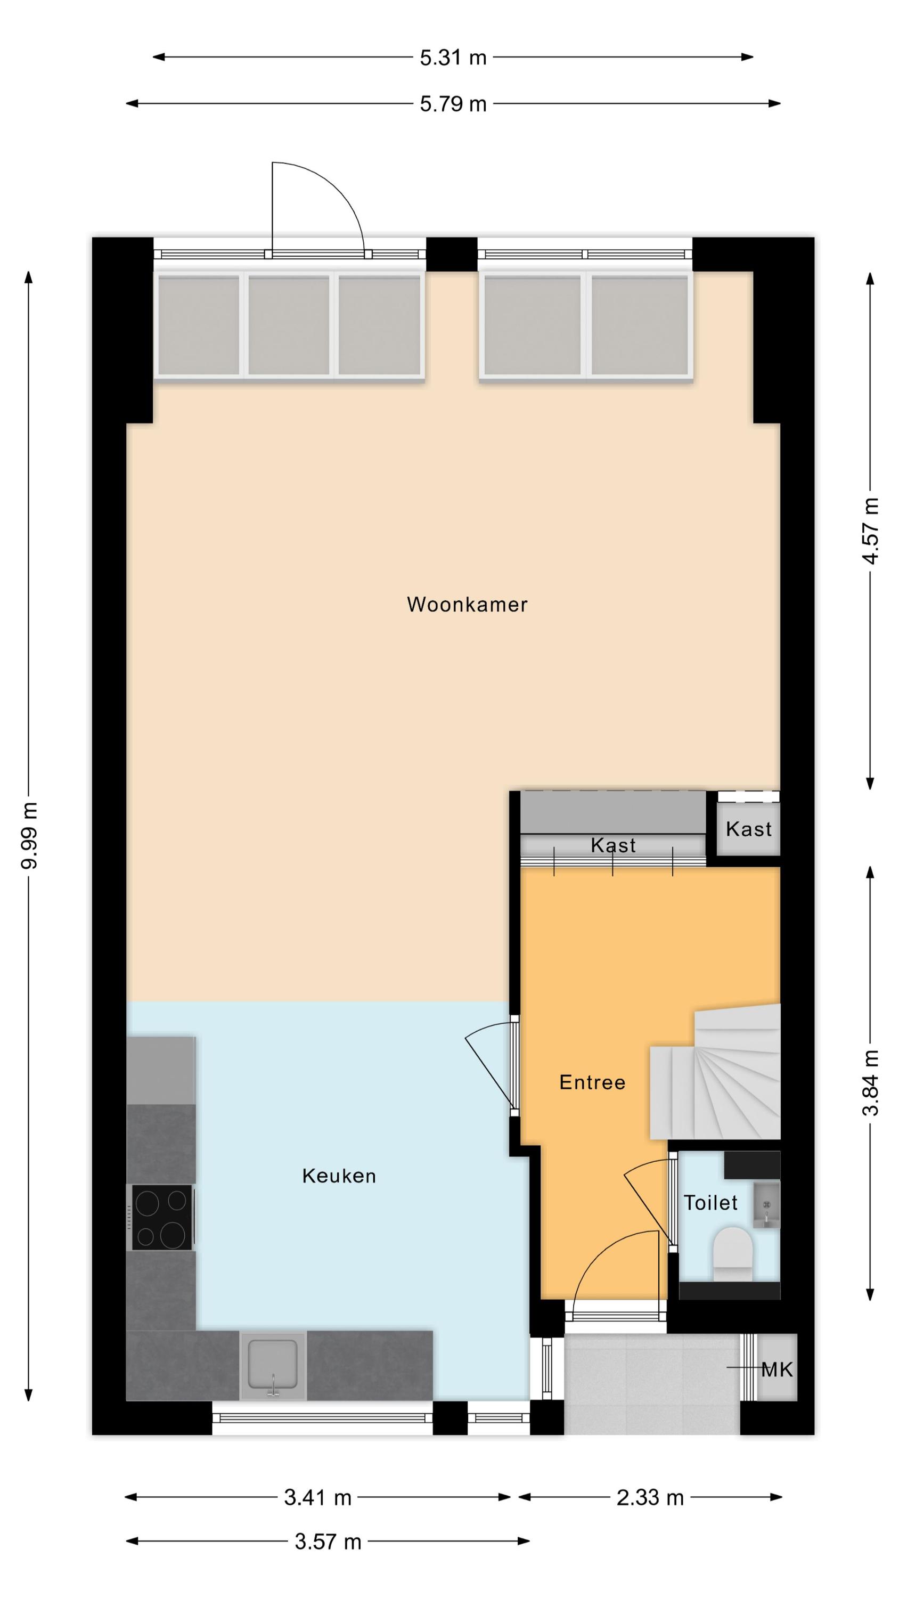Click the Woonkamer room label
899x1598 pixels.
click(x=467, y=604)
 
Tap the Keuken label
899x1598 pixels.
click(x=339, y=1176)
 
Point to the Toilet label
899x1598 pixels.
click(x=710, y=1203)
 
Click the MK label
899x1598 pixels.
click(x=777, y=1369)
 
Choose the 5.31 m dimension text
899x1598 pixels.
click(x=453, y=58)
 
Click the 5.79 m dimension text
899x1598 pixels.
click(x=453, y=103)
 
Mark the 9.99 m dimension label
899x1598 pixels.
click(x=29, y=835)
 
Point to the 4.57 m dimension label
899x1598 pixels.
click(x=871, y=531)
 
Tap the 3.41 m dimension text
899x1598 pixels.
click(x=317, y=1497)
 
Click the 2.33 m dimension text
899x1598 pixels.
click(x=650, y=1497)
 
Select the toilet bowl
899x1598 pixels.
click(x=732, y=1249)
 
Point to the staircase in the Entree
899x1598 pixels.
click(x=715, y=1073)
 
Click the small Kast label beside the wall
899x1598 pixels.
click(x=748, y=829)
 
